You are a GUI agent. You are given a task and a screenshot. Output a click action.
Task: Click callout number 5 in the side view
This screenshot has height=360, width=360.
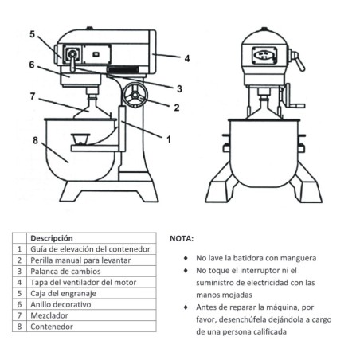(33, 34)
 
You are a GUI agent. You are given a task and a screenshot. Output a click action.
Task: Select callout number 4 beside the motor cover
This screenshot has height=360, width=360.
(186, 58)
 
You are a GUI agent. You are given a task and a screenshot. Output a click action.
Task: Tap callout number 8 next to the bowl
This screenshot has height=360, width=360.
(34, 140)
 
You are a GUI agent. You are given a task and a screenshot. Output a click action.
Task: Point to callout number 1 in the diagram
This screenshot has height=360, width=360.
(168, 139)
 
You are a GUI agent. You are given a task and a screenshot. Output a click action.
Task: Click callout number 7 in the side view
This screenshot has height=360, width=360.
(33, 96)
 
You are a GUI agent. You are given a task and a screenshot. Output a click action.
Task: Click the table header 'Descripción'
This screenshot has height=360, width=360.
(51, 237)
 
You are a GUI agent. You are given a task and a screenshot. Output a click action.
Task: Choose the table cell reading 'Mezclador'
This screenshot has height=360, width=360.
(49, 315)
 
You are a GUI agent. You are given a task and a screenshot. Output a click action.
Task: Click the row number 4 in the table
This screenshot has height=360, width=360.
(19, 282)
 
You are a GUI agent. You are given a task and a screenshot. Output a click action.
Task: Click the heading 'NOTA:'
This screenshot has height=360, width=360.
(182, 237)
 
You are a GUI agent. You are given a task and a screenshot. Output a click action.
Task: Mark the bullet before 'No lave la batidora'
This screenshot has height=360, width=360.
(186, 258)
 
